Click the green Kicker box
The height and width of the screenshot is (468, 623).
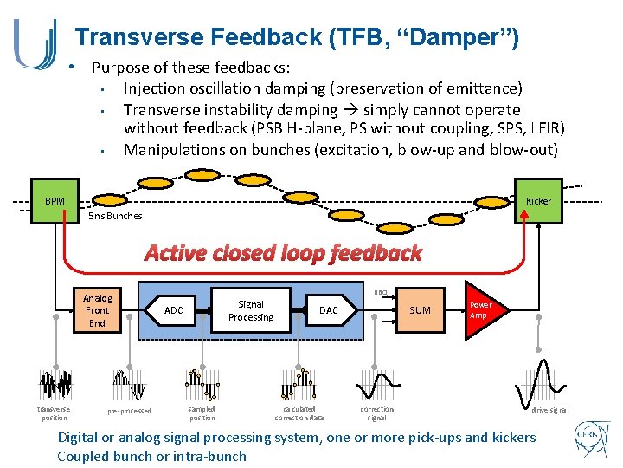pyautogui.click(x=538, y=202)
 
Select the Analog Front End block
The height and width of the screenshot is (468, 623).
pyautogui.click(x=97, y=310)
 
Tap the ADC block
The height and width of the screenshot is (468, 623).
pyautogui.click(x=174, y=310)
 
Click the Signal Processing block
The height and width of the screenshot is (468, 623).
pyautogui.click(x=250, y=310)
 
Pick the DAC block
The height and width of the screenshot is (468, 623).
pyautogui.click(x=329, y=310)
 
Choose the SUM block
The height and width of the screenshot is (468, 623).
pyautogui.click(x=420, y=310)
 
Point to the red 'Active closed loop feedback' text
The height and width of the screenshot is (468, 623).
pyautogui.click(x=283, y=253)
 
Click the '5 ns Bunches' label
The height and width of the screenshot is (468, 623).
pyautogui.click(x=115, y=216)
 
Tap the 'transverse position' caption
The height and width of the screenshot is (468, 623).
pyautogui.click(x=54, y=413)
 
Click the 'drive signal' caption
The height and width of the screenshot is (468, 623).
pyautogui.click(x=550, y=410)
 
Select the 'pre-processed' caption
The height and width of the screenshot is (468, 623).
pyautogui.click(x=130, y=411)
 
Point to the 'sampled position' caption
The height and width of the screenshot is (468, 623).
pyautogui.click(x=202, y=413)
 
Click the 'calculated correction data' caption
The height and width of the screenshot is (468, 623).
pyautogui.click(x=299, y=413)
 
